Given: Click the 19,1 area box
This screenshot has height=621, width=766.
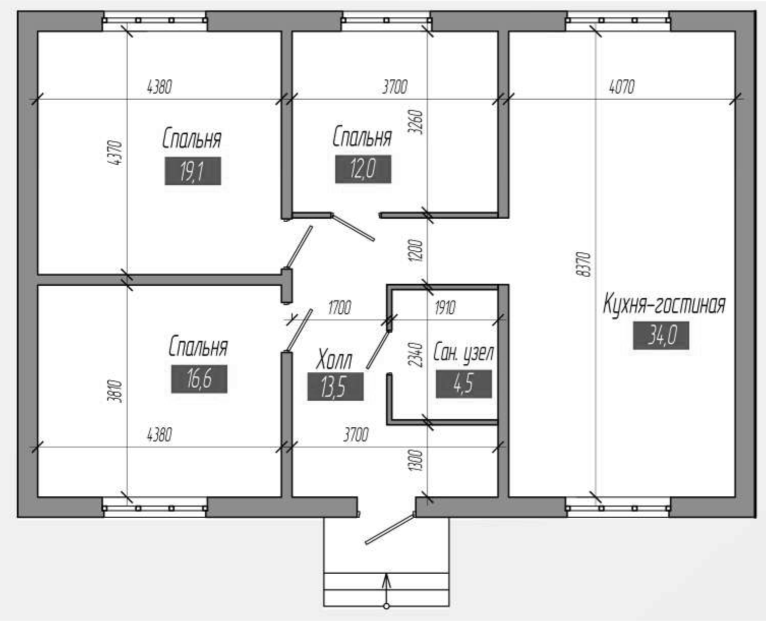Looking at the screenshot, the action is [193, 171].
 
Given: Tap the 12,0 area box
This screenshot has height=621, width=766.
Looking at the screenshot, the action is [363, 169].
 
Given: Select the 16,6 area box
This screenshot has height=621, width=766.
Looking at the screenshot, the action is [199, 379].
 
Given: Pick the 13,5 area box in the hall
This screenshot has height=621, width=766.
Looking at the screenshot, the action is [335, 387].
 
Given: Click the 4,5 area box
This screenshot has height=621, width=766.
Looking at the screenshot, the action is [464, 384].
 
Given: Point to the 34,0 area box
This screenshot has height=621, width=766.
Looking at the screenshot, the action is [661, 335].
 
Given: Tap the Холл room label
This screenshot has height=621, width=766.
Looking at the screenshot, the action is [334, 359].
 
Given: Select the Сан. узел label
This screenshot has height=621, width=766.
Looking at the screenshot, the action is [463, 353].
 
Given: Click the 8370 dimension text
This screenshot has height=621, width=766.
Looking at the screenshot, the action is [585, 264].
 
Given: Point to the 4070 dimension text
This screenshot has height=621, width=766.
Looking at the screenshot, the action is [622, 86].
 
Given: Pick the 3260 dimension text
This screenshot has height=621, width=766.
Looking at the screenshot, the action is [416, 122].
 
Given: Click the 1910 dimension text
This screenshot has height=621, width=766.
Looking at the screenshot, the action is [445, 308].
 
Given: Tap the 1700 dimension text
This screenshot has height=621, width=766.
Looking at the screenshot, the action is [339, 308].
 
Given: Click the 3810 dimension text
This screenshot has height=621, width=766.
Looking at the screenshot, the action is [117, 392].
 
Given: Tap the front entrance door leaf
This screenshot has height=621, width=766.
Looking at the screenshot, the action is [390, 529].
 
